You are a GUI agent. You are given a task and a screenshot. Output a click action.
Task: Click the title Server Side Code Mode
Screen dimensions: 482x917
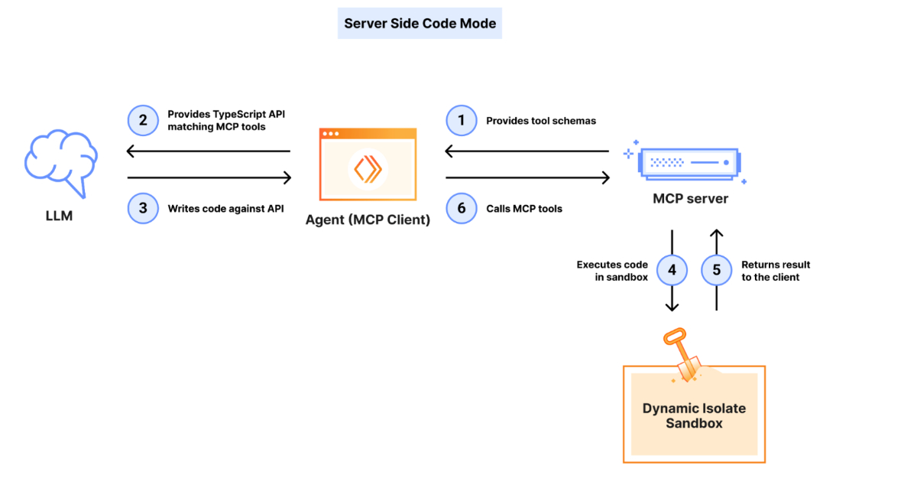coord(420,24)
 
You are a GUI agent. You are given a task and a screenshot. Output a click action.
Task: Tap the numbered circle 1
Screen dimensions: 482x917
coord(461,121)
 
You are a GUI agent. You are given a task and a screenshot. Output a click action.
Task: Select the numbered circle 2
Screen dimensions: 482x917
coord(143,121)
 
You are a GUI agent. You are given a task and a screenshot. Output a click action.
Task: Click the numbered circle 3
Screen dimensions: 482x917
coord(143,208)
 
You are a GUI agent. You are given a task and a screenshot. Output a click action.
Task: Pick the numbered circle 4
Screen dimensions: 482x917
coord(672,270)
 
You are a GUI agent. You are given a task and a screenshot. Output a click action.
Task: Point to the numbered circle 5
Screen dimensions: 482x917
coord(716,270)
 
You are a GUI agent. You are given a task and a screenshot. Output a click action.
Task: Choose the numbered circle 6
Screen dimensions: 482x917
coord(461,208)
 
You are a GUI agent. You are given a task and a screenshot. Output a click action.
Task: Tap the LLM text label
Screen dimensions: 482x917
coord(59,217)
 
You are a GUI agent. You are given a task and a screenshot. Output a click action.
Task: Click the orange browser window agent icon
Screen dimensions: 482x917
coord(368,165)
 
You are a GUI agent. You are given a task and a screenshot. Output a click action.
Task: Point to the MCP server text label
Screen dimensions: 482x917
coord(690,199)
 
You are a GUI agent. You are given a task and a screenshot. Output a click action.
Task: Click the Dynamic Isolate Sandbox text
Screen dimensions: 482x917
coord(694,415)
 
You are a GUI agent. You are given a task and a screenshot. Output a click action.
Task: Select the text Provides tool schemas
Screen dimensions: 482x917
coord(541,121)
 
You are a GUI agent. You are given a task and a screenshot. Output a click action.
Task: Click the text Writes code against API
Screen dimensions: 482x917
coord(226,208)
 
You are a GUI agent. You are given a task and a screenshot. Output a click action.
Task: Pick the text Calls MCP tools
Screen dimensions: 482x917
coord(524,208)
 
